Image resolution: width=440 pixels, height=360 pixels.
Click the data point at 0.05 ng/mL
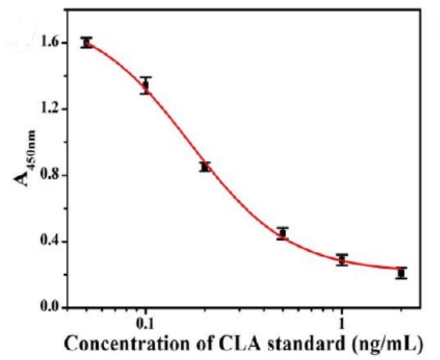coord(87,42)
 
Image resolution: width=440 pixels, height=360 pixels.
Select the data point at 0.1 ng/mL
coord(146,85)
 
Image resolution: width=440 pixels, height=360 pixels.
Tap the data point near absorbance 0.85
coord(204,166)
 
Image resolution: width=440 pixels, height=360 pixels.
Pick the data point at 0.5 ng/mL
coord(282,233)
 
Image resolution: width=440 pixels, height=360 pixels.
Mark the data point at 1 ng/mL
coord(342,259)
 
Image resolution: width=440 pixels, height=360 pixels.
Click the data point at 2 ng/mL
coord(401,273)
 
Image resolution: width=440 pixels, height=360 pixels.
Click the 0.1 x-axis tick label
coord(145,324)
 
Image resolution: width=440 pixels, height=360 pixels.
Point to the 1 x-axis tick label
coord(342,324)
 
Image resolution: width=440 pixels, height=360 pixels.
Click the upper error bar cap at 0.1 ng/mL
coord(146,78)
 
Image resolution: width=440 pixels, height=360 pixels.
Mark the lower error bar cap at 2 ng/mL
coord(401,278)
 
